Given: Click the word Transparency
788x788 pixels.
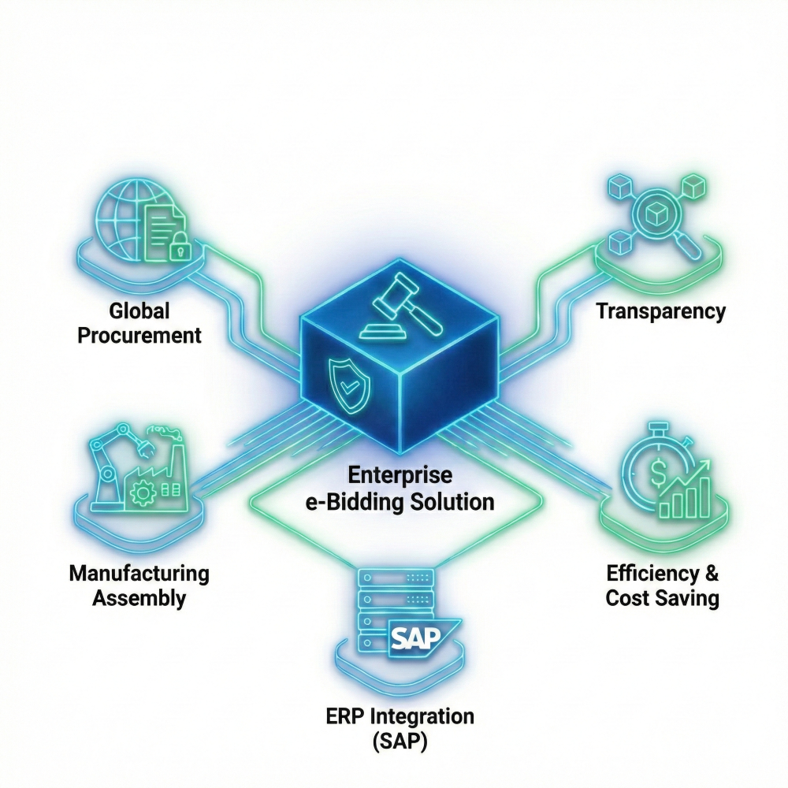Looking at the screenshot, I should coord(660,310).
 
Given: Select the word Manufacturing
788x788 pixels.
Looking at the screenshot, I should coord(139,573).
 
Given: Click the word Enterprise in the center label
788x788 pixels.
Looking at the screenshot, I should coord(400,475).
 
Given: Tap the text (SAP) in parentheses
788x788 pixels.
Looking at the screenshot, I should coord(400,742).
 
